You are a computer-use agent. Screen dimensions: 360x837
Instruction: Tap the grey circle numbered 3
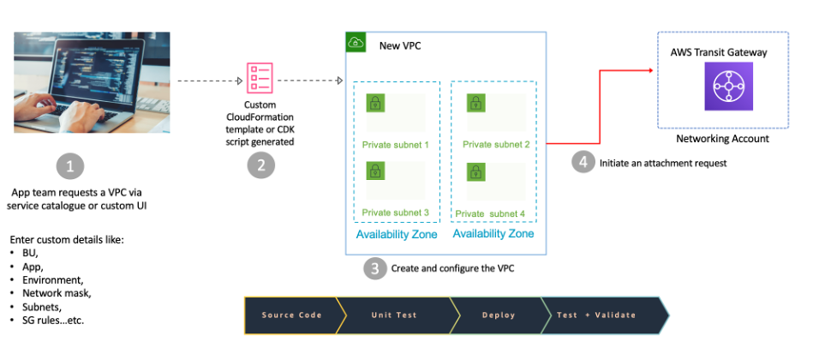point(374,268)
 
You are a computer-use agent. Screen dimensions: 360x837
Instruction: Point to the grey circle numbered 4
point(583,162)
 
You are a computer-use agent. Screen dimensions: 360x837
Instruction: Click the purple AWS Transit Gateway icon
point(728,86)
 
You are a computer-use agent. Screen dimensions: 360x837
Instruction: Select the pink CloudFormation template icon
point(260,78)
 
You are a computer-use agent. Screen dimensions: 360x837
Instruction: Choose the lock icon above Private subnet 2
point(476,105)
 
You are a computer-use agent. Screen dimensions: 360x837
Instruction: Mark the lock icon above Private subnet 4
point(476,171)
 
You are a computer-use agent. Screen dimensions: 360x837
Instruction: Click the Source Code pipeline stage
point(291,315)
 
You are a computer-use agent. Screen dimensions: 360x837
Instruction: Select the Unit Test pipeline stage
point(394,315)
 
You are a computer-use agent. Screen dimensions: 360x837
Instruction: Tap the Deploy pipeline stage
point(498,315)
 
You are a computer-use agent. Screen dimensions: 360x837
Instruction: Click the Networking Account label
point(722,138)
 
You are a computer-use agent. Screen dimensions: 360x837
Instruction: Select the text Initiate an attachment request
point(662,163)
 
